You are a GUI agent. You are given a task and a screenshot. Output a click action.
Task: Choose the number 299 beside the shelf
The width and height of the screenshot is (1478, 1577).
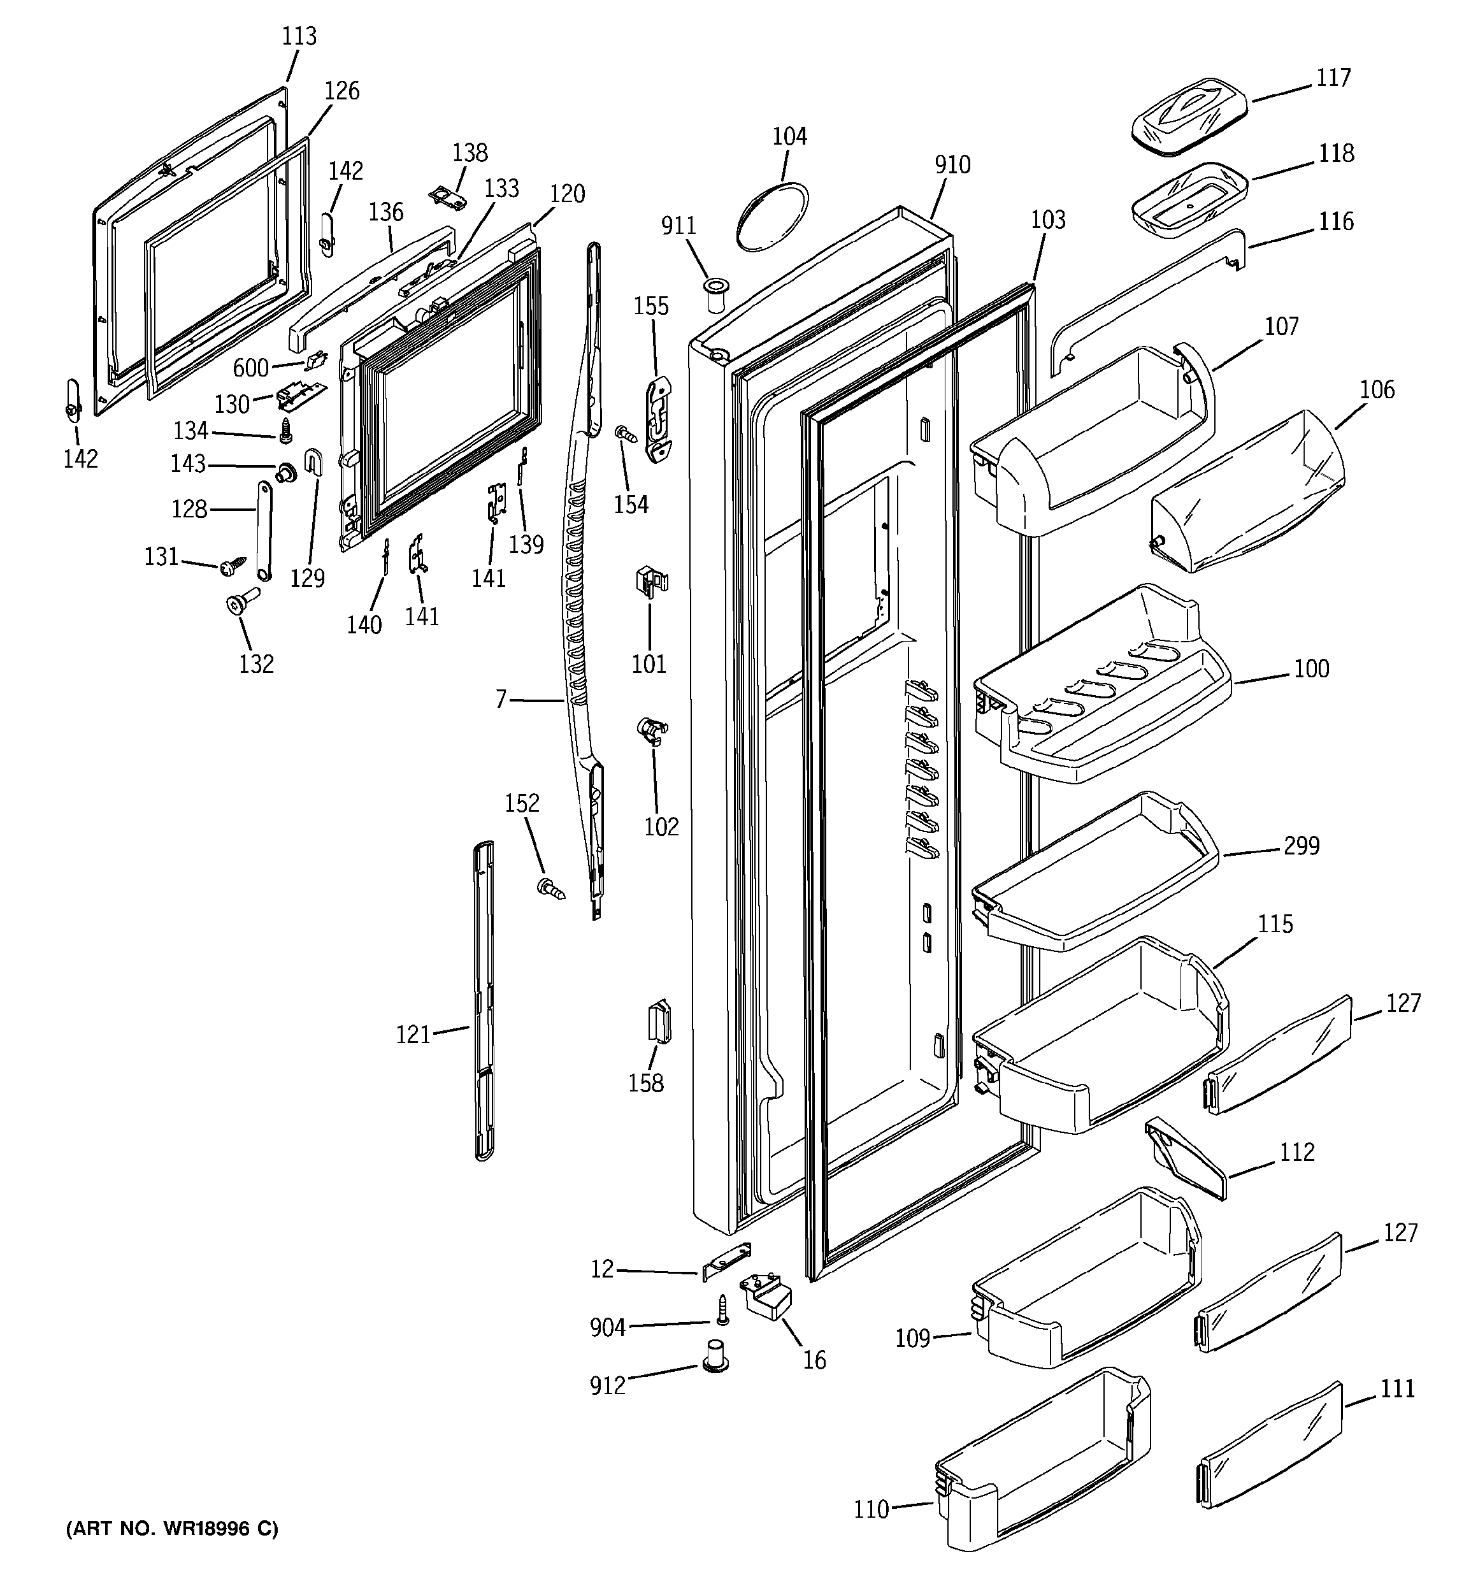tap(1301, 846)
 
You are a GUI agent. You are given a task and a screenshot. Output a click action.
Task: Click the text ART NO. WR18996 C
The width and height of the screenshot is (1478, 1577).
tap(172, 1529)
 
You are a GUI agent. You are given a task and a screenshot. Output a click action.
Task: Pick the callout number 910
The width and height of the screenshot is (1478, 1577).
tap(952, 165)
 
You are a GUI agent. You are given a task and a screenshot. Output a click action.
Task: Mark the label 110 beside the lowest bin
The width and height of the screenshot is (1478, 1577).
tap(871, 1509)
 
